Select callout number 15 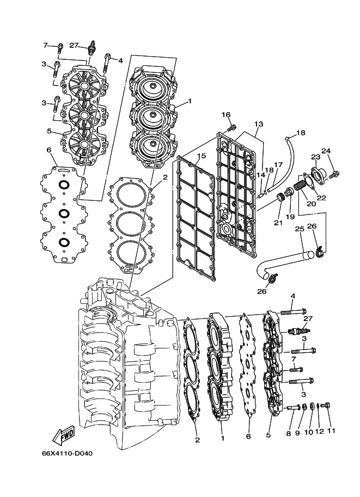201,156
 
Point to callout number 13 258,124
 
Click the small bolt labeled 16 233,127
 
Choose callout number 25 299,229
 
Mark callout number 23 314,157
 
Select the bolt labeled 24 335,174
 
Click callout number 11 331,431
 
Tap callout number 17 278,165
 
